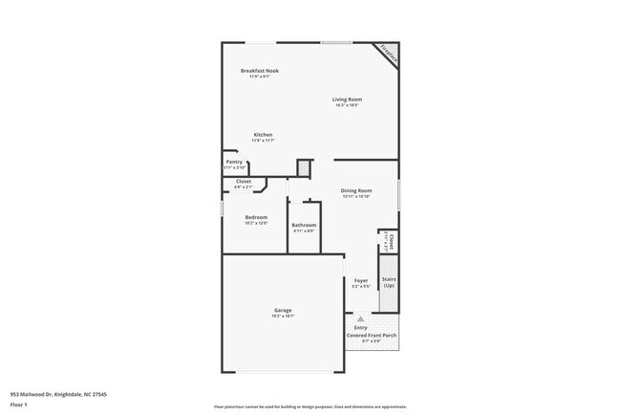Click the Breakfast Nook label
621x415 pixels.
(x=259, y=71)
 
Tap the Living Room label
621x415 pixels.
(x=347, y=99)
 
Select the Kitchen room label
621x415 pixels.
(x=263, y=135)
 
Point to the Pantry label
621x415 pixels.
(x=234, y=162)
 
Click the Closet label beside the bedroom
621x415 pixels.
(x=244, y=181)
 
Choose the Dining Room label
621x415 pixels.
(x=356, y=190)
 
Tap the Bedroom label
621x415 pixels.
(x=256, y=217)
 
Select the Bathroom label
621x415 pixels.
(x=304, y=225)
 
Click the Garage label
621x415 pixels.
(x=283, y=310)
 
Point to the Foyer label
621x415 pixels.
(x=360, y=280)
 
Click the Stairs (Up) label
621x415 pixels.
(x=389, y=283)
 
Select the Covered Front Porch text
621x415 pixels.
(x=372, y=336)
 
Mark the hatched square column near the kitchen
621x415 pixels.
(x=304, y=168)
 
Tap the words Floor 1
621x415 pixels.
(x=19, y=404)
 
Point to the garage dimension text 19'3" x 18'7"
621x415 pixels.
(x=283, y=316)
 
